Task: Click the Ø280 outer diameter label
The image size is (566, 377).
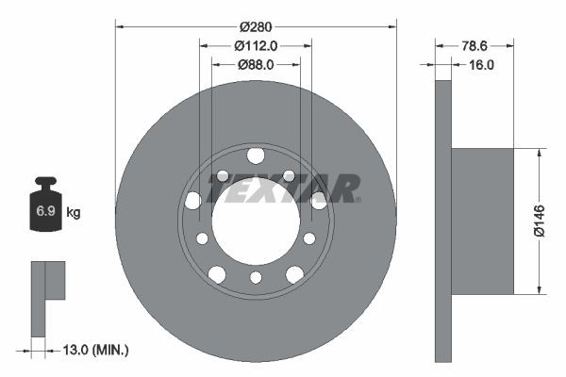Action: click(x=256, y=26)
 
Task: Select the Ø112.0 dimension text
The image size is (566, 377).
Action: click(x=255, y=45)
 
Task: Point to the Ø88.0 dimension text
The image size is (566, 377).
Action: click(x=255, y=64)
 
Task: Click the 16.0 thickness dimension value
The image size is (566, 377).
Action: click(x=481, y=64)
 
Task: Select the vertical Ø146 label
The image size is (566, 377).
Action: click(x=539, y=221)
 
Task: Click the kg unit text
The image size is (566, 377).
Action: click(x=74, y=213)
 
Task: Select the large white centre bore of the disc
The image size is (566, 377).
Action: click(x=255, y=222)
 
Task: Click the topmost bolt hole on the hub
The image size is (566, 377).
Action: click(x=256, y=156)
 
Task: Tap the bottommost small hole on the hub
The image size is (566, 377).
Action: click(x=256, y=277)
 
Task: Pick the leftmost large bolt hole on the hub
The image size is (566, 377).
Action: click(x=193, y=200)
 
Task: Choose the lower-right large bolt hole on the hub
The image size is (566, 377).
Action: click(x=294, y=273)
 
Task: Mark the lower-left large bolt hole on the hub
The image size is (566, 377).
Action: click(x=217, y=273)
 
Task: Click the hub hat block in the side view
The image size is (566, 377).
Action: click(x=481, y=221)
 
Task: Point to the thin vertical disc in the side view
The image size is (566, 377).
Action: click(x=443, y=221)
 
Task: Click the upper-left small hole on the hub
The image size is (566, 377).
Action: click(x=223, y=176)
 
